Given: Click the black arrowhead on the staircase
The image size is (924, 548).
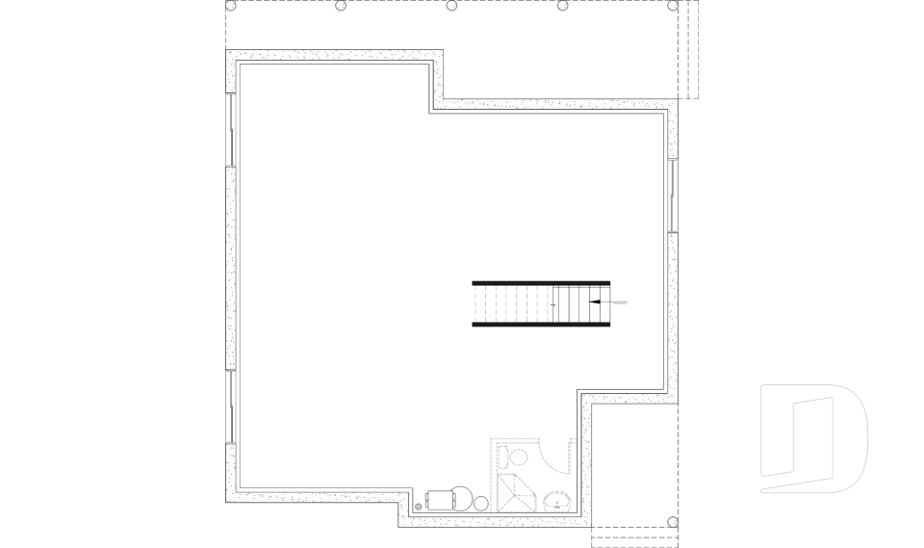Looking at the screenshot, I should pyautogui.click(x=593, y=302).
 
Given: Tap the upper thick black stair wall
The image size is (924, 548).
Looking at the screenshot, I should pyautogui.click(x=541, y=282).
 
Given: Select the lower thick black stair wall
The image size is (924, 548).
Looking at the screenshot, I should pyautogui.click(x=541, y=325).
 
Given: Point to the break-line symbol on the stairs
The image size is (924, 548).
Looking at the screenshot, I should pyautogui.click(x=554, y=303).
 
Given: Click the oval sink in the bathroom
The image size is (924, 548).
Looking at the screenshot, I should pyautogui.click(x=556, y=501).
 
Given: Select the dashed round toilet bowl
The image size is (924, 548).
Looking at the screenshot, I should pyautogui.click(x=517, y=457).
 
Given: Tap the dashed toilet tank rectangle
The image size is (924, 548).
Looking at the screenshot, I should pyautogui.click(x=500, y=456).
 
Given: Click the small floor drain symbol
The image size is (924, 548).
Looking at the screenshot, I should pyautogui.click(x=418, y=504).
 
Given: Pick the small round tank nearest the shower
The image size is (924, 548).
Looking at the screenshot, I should pyautogui.click(x=481, y=501).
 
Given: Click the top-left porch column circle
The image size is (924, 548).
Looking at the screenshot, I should pyautogui.click(x=231, y=6).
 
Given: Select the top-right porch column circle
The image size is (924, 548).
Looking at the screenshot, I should pyautogui.click(x=673, y=6).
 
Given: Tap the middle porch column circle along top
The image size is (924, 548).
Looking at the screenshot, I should pyautogui.click(x=451, y=6).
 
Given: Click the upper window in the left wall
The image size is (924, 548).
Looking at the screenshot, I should pyautogui.click(x=230, y=129).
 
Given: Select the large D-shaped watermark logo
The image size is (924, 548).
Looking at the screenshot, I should pyautogui.click(x=813, y=438).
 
